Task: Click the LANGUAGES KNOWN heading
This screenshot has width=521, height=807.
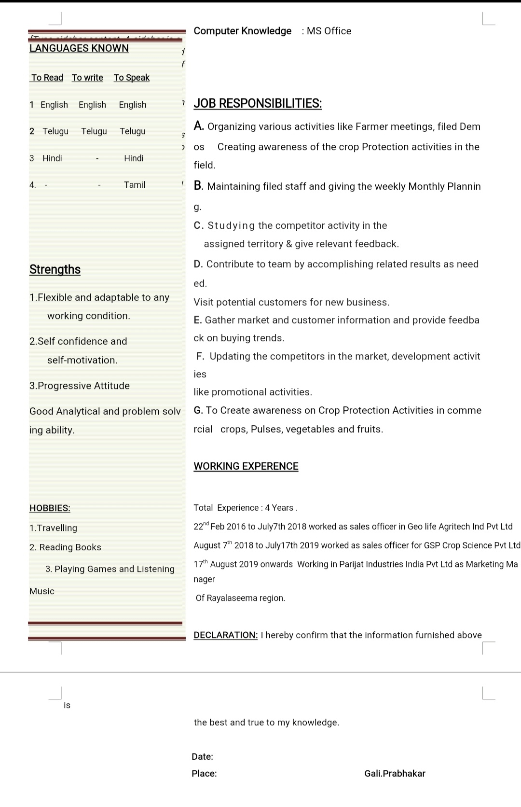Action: pyautogui.click(x=79, y=48)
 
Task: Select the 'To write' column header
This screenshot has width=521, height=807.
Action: pyautogui.click(x=87, y=78)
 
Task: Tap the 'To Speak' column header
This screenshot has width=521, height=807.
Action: pyautogui.click(x=132, y=78)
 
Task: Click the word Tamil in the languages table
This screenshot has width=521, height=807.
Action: pyautogui.click(x=135, y=185)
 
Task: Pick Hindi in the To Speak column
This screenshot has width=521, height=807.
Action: pyautogui.click(x=134, y=158)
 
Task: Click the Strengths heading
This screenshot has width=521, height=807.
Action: pyautogui.click(x=55, y=269)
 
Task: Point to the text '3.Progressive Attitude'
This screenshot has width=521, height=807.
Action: pyautogui.click(x=80, y=386)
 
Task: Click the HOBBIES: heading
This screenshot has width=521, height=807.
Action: pyautogui.click(x=50, y=508)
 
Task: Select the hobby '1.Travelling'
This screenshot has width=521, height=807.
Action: pyautogui.click(x=53, y=528)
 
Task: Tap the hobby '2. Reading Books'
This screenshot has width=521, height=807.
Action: pyautogui.click(x=65, y=547)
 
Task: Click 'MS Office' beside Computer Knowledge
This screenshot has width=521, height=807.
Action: pyautogui.click(x=329, y=31)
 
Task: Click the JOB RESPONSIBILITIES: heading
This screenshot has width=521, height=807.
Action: pyautogui.click(x=258, y=103)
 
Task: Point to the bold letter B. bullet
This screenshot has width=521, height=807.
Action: pyautogui.click(x=198, y=186)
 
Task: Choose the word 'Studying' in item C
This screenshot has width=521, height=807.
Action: pyautogui.click(x=231, y=225)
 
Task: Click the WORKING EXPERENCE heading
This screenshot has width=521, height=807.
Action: pyautogui.click(x=246, y=466)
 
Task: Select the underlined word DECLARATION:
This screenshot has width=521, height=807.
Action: pyautogui.click(x=226, y=635)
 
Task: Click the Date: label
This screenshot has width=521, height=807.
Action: pyautogui.click(x=202, y=757)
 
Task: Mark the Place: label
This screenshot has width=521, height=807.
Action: pyautogui.click(x=204, y=774)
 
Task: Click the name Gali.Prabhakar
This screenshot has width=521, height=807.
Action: pyautogui.click(x=395, y=774)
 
